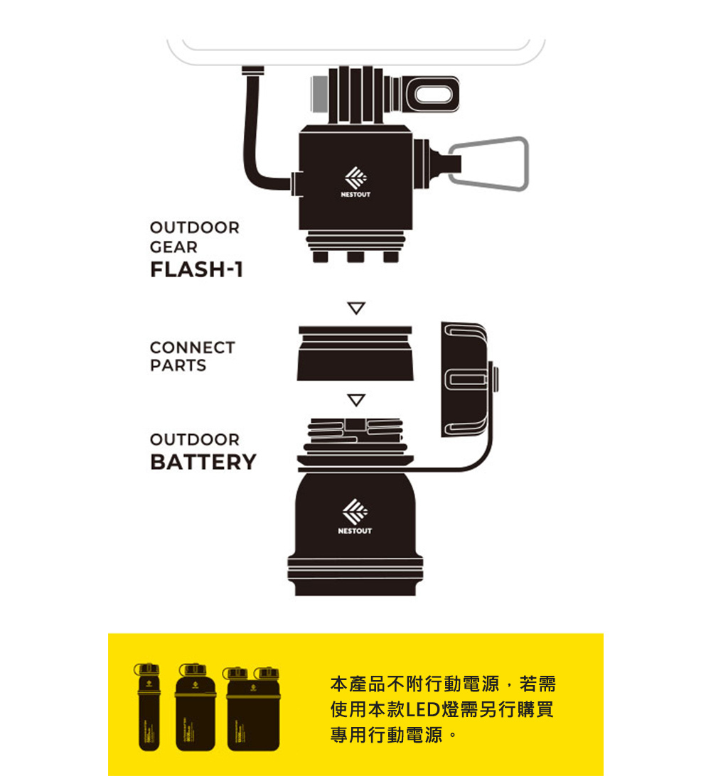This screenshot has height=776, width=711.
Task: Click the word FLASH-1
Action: click(x=196, y=270)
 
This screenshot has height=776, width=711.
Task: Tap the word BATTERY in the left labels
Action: click(x=203, y=462)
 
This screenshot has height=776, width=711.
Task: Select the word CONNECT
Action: click(x=193, y=347)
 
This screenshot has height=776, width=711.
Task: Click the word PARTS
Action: click(x=178, y=365)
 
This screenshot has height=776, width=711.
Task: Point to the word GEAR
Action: click(x=173, y=247)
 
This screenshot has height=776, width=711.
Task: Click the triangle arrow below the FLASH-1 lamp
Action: click(x=356, y=308)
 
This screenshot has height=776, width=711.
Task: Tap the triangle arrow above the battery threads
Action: click(x=356, y=399)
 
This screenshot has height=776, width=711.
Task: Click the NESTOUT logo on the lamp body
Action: click(x=355, y=182)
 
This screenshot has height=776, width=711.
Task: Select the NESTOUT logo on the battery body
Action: click(x=355, y=517)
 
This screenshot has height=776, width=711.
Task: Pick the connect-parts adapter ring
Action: click(x=355, y=353)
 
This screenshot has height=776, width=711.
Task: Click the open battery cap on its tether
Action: click(x=466, y=379)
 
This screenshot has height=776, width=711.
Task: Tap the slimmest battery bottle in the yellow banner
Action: click(x=149, y=706)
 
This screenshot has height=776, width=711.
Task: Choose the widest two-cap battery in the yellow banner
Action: click(x=252, y=708)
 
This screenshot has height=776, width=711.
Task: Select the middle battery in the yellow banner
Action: click(x=195, y=707)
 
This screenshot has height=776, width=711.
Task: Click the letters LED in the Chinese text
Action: click(x=423, y=710)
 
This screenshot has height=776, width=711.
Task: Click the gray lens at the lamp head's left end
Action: click(x=319, y=94)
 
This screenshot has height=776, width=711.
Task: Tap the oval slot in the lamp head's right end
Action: click(x=434, y=94)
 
